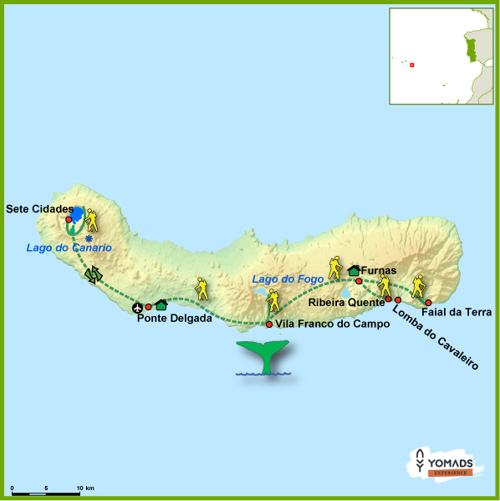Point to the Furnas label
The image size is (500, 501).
tap(379, 271)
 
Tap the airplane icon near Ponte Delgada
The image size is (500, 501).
tap(138, 309)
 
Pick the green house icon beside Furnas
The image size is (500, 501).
tap(353, 269)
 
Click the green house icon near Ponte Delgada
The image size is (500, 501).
tap(161, 305)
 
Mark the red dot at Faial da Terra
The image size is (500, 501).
tap(428, 303)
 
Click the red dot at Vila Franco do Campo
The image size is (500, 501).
tap(269, 325)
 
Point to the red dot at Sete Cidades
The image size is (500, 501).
tap(69, 219)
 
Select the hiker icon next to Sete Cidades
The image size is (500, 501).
tap(91, 219)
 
